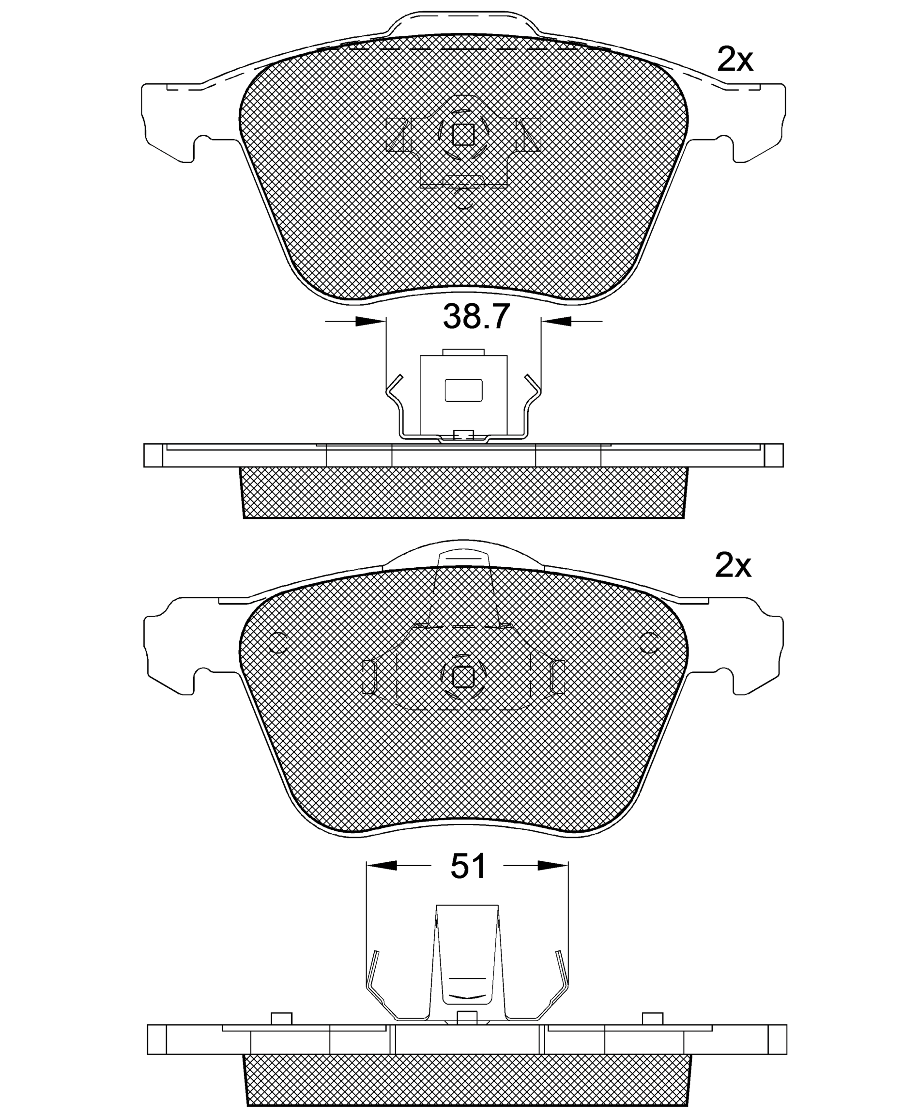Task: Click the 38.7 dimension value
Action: (x=476, y=317)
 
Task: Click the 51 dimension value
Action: (x=468, y=866)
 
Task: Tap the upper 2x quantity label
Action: (x=734, y=59)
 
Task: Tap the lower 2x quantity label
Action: (x=733, y=566)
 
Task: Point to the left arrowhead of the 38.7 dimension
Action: (x=371, y=321)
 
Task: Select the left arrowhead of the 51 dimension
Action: (x=381, y=866)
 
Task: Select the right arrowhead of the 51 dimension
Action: (x=553, y=866)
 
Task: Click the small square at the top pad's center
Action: (x=463, y=134)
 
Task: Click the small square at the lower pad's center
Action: (x=463, y=677)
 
